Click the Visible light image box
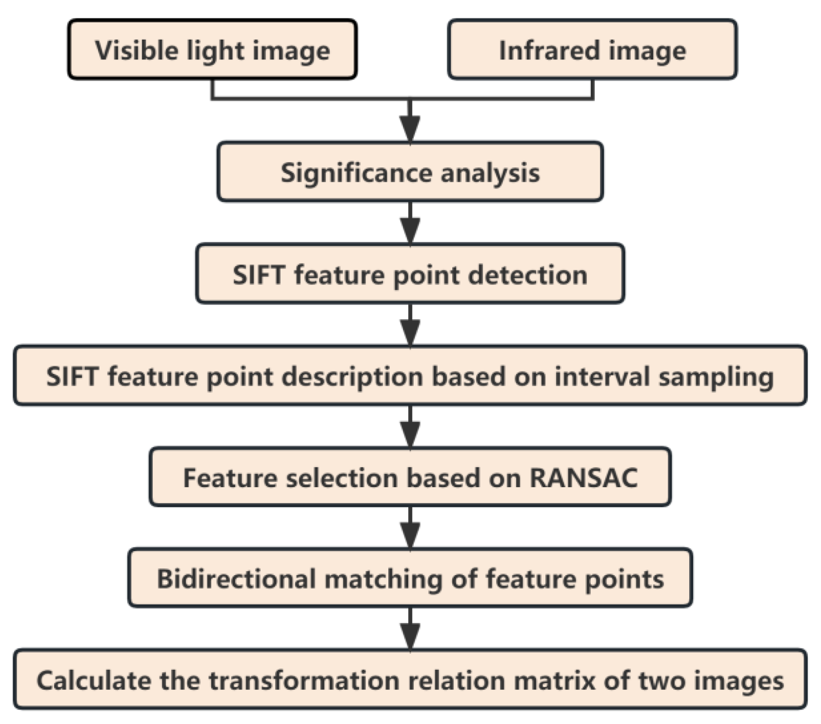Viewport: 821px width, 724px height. point(212,49)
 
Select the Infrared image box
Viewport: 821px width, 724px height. point(592,49)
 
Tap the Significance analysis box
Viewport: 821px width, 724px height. point(410,172)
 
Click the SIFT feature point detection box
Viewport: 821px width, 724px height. point(410,274)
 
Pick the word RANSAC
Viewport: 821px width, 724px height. point(583,477)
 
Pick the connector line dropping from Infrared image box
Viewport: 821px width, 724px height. point(592,89)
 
